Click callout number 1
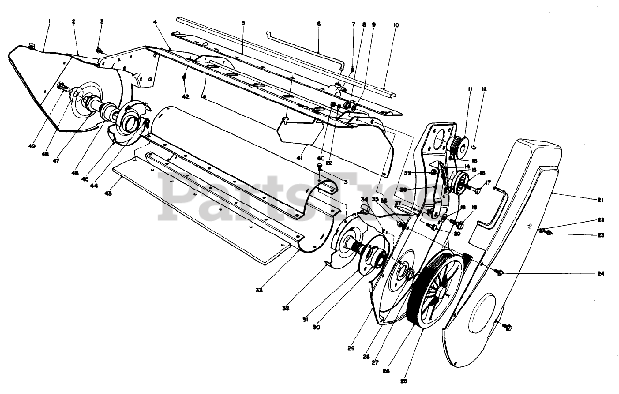tap(49, 21)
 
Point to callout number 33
tap(259, 290)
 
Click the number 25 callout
tap(404, 381)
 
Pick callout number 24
tap(601, 273)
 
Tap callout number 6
tap(319, 23)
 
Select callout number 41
tap(300, 158)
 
